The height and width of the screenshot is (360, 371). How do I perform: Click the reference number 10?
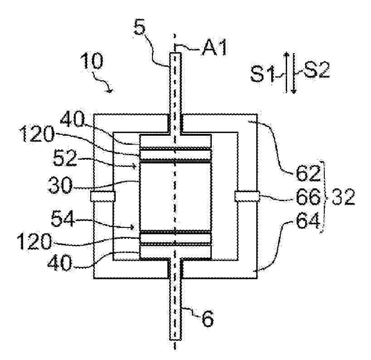pos(92,61)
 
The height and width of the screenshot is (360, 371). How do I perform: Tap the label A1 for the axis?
pos(215,47)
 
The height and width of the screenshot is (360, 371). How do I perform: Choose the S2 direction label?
pos(317,69)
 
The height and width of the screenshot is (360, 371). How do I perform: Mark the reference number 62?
pos(308,173)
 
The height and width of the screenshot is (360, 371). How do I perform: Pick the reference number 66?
pos(308,197)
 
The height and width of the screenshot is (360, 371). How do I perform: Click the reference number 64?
pos(308,221)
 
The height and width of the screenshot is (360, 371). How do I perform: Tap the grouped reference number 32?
pos(343,197)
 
